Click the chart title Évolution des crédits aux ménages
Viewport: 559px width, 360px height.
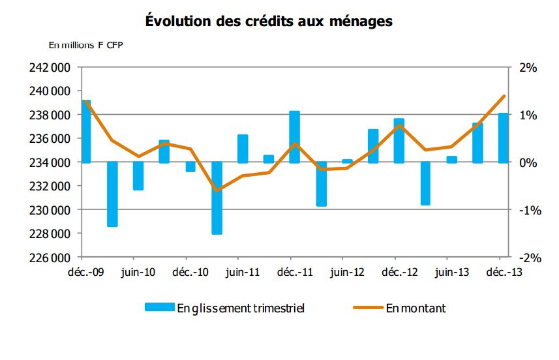click(268, 21)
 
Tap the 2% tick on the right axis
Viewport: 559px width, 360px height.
click(528, 68)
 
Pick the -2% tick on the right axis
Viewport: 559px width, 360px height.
click(526, 258)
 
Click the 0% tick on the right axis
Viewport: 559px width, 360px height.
click(528, 162)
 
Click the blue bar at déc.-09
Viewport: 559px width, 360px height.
click(85, 131)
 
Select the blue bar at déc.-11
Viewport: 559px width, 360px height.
click(295, 137)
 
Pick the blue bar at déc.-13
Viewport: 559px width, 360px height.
click(504, 138)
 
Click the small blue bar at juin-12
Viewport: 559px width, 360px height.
click(347, 160)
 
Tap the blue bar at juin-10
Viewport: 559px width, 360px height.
click(138, 176)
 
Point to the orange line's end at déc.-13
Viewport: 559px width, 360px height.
click(504, 97)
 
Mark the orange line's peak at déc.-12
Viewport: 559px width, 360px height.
click(399, 125)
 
